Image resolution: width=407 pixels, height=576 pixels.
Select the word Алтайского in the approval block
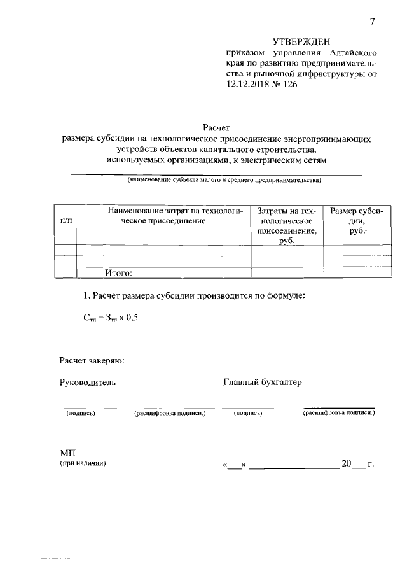(355, 53)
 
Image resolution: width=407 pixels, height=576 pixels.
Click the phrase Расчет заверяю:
(92, 361)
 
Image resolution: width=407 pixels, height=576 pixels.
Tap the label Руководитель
(87, 383)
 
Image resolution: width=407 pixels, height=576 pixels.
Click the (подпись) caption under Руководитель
(81, 414)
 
